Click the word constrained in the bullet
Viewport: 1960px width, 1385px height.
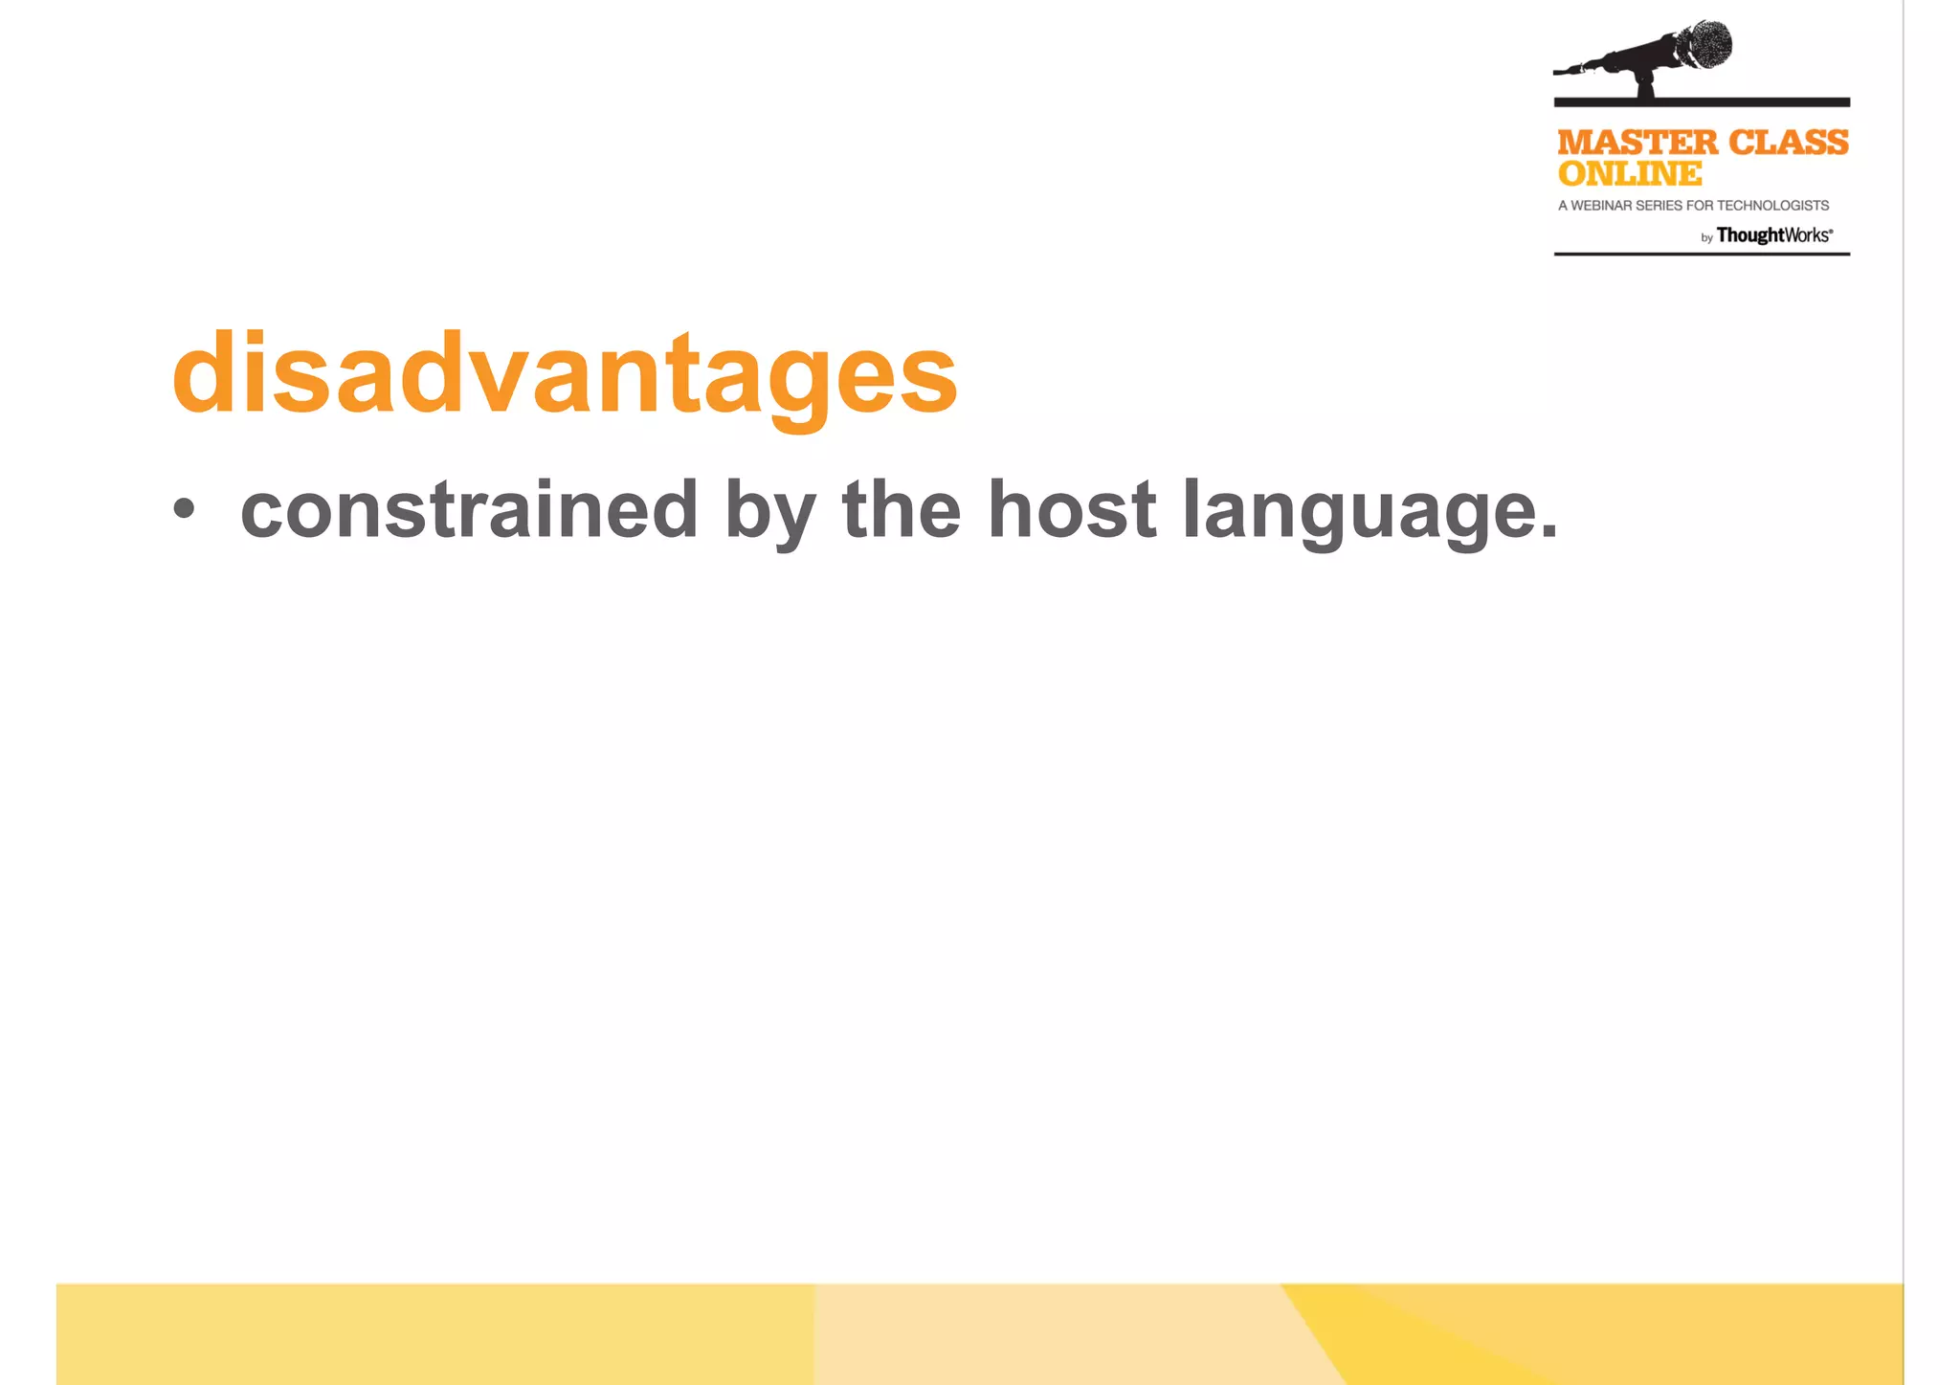pyautogui.click(x=469, y=510)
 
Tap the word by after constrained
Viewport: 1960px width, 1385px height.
pyautogui.click(x=770, y=512)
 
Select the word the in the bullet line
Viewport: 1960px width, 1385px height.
pyautogui.click(x=901, y=510)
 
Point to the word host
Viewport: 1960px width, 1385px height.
pyautogui.click(x=1072, y=510)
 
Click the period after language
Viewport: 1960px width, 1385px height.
pyautogui.click(x=1549, y=532)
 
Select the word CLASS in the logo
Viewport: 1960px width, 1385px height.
pyautogui.click(x=1789, y=143)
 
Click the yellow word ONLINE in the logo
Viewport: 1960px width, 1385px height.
pyautogui.click(x=1630, y=174)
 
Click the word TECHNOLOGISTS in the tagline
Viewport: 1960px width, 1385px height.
pyautogui.click(x=1773, y=206)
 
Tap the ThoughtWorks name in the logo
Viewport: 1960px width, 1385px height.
pyautogui.click(x=1773, y=235)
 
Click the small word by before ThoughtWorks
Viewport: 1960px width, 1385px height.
pyautogui.click(x=1706, y=238)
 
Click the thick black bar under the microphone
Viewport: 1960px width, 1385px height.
pyautogui.click(x=1701, y=101)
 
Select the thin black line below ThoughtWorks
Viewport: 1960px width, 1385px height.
pyautogui.click(x=1701, y=254)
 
